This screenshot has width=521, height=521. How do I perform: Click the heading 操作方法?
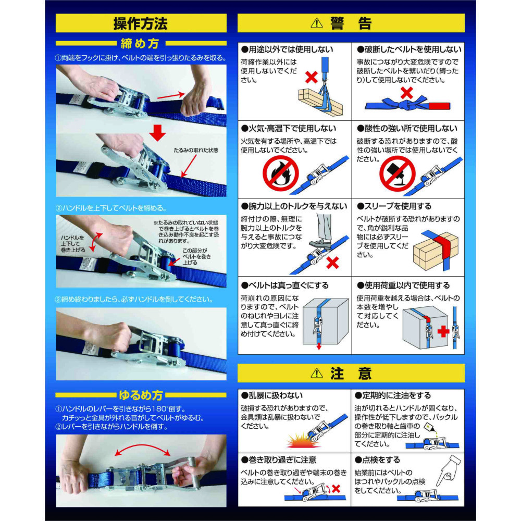141,23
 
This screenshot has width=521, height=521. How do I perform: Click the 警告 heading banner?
351,23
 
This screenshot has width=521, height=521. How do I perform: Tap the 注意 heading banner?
351,373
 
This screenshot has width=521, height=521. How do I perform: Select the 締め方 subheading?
141,43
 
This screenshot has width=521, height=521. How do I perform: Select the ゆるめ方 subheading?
141,394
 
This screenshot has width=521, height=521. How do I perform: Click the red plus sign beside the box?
443,331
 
